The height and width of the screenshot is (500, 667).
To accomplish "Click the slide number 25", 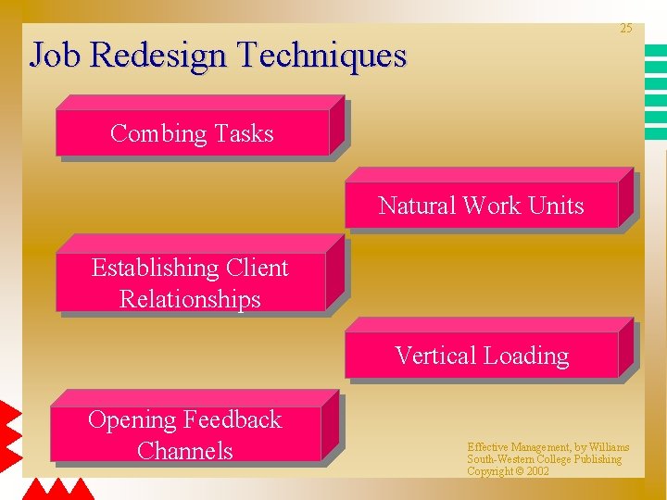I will click(x=625, y=29).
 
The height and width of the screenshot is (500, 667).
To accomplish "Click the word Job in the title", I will click(x=57, y=56).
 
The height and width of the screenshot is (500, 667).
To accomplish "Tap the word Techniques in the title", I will click(x=322, y=56).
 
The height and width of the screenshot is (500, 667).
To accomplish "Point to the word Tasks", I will click(x=244, y=133).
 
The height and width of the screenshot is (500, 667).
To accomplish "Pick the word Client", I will click(x=256, y=269).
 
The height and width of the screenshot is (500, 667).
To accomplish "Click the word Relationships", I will click(x=190, y=300).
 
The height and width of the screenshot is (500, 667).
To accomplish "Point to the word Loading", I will click(x=527, y=356).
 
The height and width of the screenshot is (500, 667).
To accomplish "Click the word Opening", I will click(x=132, y=420).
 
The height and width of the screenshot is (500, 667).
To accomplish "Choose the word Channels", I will click(x=184, y=451).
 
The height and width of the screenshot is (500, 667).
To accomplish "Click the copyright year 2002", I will click(x=536, y=471).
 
